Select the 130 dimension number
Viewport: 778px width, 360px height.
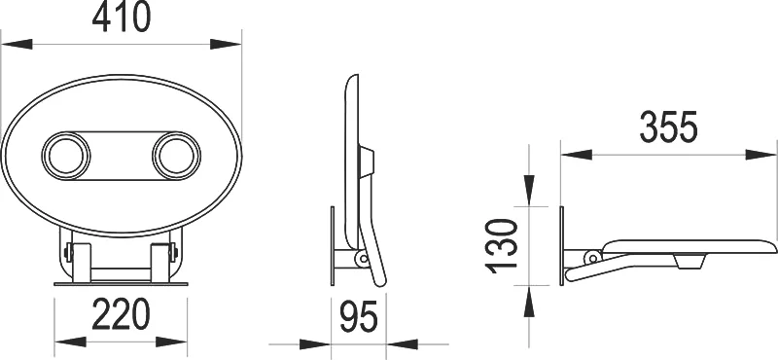click(503, 244)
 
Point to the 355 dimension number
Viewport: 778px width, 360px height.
click(669, 126)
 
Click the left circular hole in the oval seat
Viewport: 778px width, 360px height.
click(66, 155)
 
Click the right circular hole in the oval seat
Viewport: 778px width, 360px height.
click(175, 155)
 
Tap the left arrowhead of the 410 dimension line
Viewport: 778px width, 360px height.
click(15, 43)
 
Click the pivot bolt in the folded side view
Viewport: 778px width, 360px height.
click(361, 259)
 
